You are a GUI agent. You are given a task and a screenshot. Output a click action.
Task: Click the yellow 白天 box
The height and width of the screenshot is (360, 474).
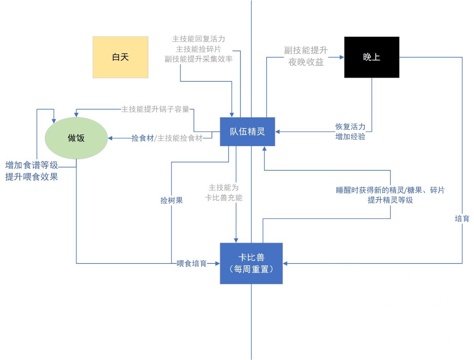[x=120, y=57]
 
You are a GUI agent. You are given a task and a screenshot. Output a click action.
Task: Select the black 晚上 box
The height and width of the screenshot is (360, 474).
[x=371, y=57]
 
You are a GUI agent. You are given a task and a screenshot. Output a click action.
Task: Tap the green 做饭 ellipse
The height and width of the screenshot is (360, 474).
[x=76, y=138]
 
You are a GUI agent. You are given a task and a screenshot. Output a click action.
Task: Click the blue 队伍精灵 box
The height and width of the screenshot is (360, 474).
[x=247, y=132]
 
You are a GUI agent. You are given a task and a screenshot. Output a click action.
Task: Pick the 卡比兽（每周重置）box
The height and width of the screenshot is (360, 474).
[x=251, y=263]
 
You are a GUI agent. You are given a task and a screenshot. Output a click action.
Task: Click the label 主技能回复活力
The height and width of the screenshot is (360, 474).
[x=199, y=39]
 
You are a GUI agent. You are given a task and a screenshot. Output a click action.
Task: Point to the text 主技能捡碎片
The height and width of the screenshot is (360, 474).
[x=199, y=49]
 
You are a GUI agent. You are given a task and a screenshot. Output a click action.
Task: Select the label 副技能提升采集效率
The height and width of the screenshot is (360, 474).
[x=199, y=59]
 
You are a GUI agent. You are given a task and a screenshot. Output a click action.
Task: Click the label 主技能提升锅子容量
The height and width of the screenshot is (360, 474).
[x=155, y=109]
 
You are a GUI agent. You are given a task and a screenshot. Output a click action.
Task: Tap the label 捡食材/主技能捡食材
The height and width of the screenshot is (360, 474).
[x=167, y=138]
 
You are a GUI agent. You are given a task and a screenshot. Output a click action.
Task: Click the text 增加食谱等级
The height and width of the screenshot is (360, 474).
[x=32, y=166]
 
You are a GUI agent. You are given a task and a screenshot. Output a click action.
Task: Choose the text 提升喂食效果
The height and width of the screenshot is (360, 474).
[x=32, y=176]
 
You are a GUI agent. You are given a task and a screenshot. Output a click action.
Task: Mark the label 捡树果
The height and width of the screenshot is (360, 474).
[x=172, y=200]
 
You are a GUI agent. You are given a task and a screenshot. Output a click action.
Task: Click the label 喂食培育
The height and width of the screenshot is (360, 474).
[x=191, y=263]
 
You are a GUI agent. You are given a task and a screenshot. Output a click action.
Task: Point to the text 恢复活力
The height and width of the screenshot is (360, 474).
[x=350, y=127]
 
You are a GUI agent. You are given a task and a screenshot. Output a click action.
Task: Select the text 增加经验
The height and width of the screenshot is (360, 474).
[x=350, y=137]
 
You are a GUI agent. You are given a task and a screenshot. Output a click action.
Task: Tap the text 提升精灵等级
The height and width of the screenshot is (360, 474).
[x=390, y=200]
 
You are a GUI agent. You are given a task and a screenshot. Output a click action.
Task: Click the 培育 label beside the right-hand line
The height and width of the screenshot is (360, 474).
[x=462, y=219]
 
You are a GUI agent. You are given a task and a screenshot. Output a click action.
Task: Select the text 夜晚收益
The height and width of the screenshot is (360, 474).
[x=306, y=62]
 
